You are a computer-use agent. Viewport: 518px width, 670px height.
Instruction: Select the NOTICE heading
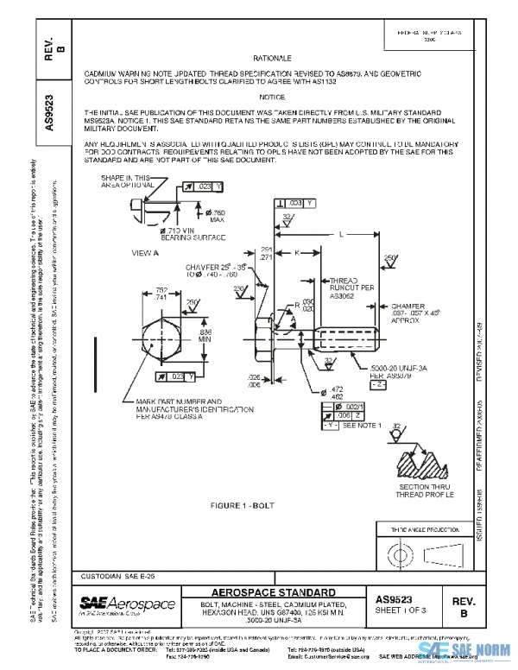pos(275,97)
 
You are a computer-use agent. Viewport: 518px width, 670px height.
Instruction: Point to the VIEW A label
pos(145,253)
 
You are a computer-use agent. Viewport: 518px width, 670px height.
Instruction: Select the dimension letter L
pos(342,233)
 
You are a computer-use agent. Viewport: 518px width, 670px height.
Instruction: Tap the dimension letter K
pos(297,253)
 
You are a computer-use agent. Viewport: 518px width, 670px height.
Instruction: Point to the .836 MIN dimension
pos(205,334)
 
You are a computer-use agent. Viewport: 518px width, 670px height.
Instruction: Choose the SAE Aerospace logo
pos(127,604)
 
